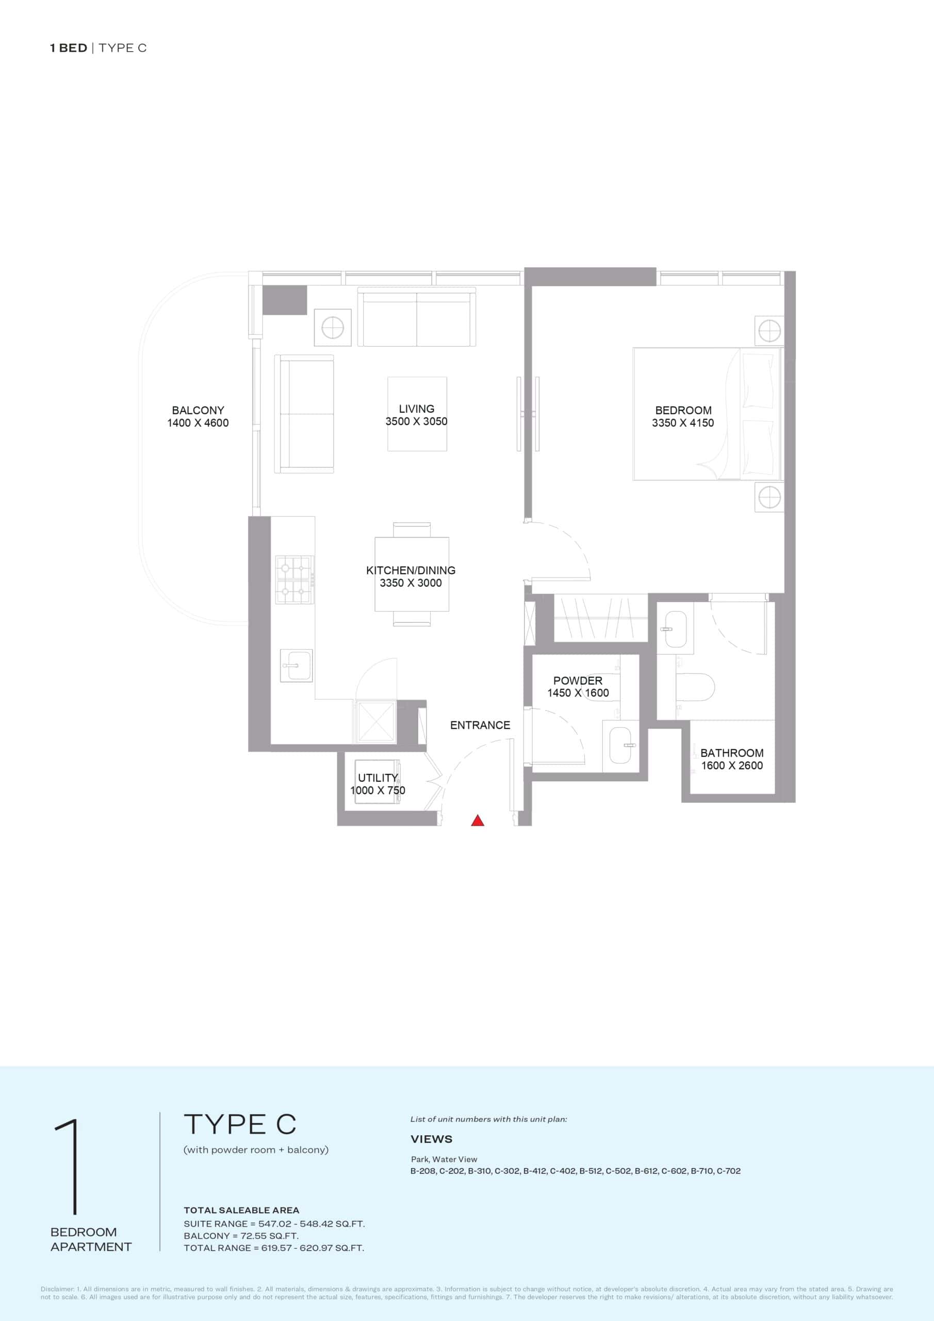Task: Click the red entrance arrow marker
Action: coord(478,820)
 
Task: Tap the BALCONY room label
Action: coord(198,410)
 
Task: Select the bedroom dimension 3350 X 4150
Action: coord(683,423)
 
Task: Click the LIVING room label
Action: coord(416,409)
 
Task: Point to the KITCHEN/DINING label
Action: coord(411,570)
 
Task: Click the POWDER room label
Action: coord(578,680)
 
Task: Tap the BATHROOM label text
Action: coord(731,752)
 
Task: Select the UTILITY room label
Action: coord(378,777)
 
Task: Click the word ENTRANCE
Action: coord(480,725)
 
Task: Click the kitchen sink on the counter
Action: coord(296,666)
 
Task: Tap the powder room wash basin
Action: coord(620,745)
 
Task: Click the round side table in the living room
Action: coord(333,328)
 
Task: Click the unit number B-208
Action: coord(423,1171)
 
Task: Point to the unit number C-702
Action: coord(729,1171)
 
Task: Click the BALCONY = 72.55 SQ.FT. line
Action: coord(241,1236)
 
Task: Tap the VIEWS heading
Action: coord(431,1139)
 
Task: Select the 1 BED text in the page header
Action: coord(69,48)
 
